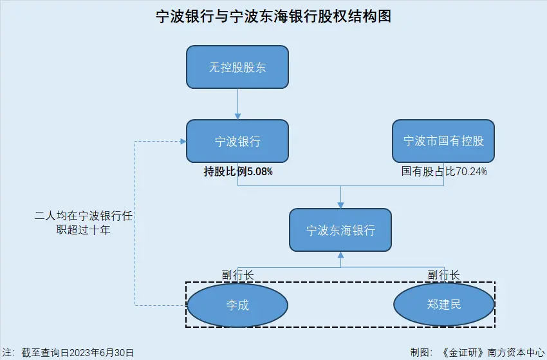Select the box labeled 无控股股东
(237, 67)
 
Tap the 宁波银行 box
(237, 141)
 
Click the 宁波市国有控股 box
(443, 141)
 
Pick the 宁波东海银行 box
(340, 230)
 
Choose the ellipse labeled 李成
(237, 305)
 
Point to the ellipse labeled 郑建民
(443, 305)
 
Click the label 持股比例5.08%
(238, 172)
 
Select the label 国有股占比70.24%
(444, 172)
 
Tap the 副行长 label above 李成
(237, 275)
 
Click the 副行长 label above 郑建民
(443, 275)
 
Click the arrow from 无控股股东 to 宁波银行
(237, 103)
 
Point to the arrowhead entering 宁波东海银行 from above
(340, 204)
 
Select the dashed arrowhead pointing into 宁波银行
(182, 141)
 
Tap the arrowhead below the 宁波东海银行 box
(340, 256)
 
